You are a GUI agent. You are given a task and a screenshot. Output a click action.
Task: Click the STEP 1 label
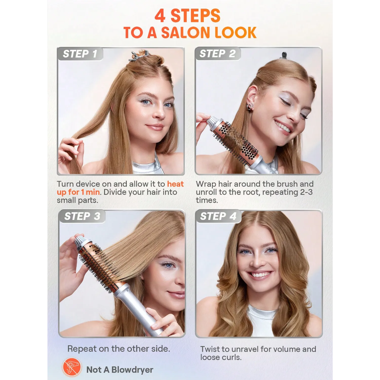point(80,54)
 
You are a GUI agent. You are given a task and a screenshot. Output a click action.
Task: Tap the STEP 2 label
point(218,54)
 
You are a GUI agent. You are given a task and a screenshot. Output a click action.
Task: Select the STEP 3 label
point(82,216)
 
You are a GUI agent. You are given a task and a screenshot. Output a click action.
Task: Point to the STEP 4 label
point(218,216)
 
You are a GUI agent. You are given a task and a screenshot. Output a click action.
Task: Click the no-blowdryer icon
point(71,367)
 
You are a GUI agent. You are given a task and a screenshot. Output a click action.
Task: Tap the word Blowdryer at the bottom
point(132,370)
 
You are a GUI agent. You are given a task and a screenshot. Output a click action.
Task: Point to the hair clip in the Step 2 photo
point(284,55)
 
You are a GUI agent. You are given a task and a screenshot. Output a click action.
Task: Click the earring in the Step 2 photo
point(250,107)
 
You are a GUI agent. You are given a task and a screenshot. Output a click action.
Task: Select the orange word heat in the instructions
point(175,184)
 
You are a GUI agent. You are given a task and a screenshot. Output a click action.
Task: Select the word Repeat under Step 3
point(82,349)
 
